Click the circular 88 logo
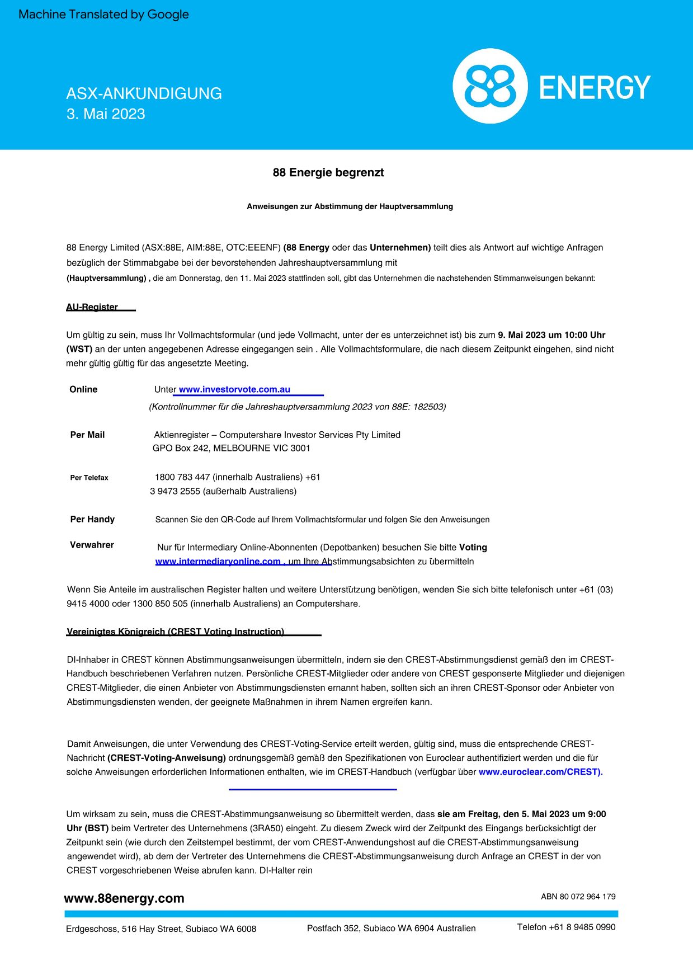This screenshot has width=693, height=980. [x=489, y=86]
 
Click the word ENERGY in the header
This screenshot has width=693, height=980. [x=595, y=88]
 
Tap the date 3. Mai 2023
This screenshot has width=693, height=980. [x=106, y=114]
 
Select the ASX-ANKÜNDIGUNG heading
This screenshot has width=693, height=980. [x=144, y=93]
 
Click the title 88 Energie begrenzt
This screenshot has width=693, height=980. [x=328, y=173]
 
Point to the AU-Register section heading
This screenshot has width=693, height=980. [x=92, y=307]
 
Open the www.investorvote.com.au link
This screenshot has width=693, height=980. [x=234, y=390]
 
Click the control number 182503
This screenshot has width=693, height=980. [x=428, y=407]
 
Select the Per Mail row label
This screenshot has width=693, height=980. [x=87, y=435]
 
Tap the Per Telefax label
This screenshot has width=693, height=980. [x=89, y=478]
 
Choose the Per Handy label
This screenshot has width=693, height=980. [x=92, y=520]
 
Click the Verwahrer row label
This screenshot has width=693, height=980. [x=92, y=545]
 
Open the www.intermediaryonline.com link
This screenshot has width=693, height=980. [x=218, y=562]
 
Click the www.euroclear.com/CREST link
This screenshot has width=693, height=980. [x=540, y=772]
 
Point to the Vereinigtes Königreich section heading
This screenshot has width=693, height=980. [x=175, y=632]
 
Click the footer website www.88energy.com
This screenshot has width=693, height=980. [x=124, y=898]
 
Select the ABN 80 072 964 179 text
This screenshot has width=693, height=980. [x=578, y=897]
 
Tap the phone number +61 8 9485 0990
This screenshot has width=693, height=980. [x=582, y=927]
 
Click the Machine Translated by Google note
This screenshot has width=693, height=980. [x=103, y=15]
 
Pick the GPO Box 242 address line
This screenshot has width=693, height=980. [x=231, y=449]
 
